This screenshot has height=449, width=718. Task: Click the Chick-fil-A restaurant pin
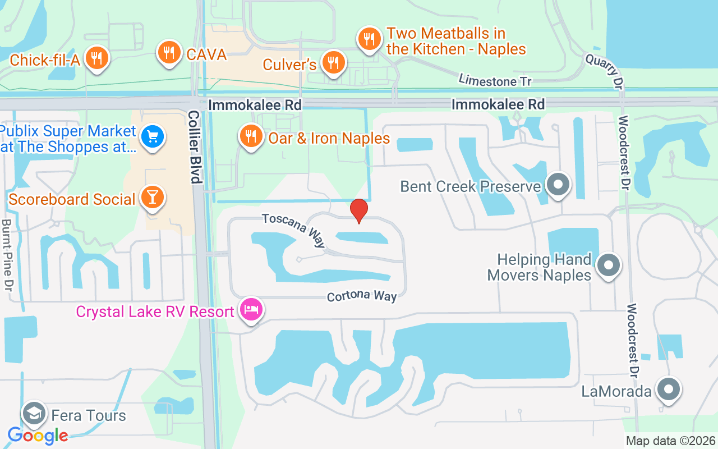pos(97,57)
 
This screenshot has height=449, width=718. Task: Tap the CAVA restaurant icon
pos(168,53)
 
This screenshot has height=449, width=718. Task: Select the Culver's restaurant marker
pos(334,63)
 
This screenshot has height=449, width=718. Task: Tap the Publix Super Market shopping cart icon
pos(151,136)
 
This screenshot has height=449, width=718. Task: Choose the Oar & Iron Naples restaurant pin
pos(251,136)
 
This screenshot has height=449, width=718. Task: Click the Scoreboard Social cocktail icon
pos(151,197)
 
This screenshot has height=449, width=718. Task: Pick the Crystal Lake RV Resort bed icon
pos(251,309)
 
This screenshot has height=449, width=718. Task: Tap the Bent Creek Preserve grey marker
pos(558,185)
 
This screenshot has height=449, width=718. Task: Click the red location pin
pos(359,211)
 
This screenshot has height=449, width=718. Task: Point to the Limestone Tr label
pos(495,81)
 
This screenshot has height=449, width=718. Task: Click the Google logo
pos(38,435)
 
